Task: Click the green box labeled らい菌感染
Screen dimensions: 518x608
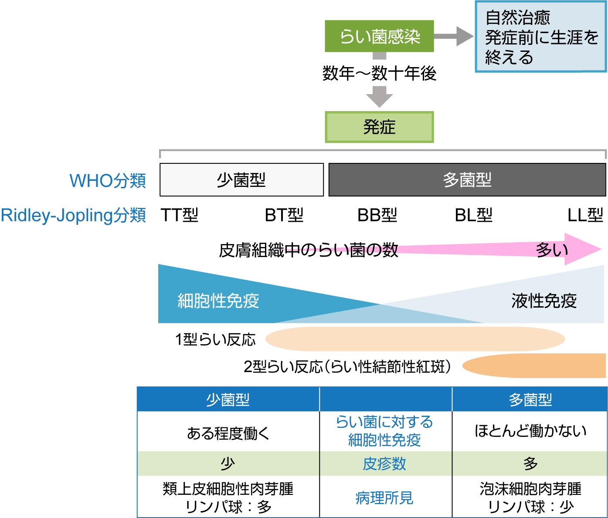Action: [x=379, y=36]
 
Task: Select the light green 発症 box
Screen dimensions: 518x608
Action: [x=379, y=127]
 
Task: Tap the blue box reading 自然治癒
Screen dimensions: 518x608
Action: [x=540, y=37]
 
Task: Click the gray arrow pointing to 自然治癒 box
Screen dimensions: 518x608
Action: [x=453, y=36]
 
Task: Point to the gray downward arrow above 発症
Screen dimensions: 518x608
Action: [x=380, y=96]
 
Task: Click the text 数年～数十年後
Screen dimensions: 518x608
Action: [x=379, y=73]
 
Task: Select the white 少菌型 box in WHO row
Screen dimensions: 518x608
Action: [x=241, y=180]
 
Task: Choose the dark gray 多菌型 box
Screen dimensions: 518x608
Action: [x=467, y=180]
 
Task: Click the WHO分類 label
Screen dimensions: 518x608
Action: [x=108, y=181]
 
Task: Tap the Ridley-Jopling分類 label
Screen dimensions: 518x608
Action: [x=73, y=215]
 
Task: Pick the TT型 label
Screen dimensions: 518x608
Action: [x=180, y=215]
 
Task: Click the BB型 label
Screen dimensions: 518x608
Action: [x=377, y=215]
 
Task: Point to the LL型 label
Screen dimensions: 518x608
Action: [x=585, y=215]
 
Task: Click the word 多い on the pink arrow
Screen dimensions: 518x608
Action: [x=552, y=250]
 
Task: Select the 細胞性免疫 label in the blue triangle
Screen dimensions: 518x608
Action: [x=218, y=301]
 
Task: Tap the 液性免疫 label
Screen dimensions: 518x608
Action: [x=544, y=301]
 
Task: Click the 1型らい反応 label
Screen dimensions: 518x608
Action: [x=215, y=339]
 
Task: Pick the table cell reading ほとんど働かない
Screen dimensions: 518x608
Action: [x=530, y=431]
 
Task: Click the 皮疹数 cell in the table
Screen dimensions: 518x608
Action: [x=384, y=464]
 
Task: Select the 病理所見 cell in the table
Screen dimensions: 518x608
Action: [x=384, y=498]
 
